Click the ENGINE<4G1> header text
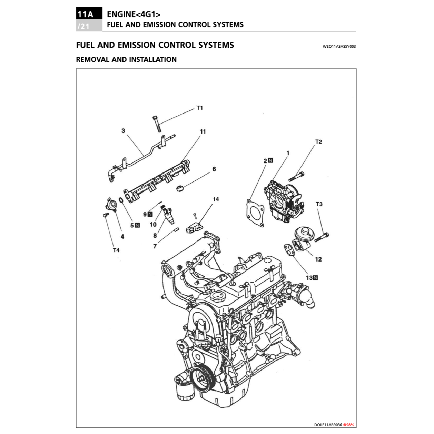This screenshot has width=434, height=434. (134, 14)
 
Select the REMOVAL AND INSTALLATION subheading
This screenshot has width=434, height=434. (126, 59)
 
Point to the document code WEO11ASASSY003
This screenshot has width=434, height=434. (339, 46)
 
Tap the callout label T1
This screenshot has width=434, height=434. (200, 108)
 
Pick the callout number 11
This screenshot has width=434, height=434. (203, 131)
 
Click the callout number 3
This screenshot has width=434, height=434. (123, 131)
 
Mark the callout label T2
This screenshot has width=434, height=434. (318, 142)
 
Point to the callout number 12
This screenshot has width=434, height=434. (318, 259)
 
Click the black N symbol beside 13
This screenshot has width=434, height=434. (315, 278)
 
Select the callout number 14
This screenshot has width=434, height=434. (216, 199)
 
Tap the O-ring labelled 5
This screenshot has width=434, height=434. (121, 200)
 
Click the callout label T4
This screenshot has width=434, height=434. (116, 250)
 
